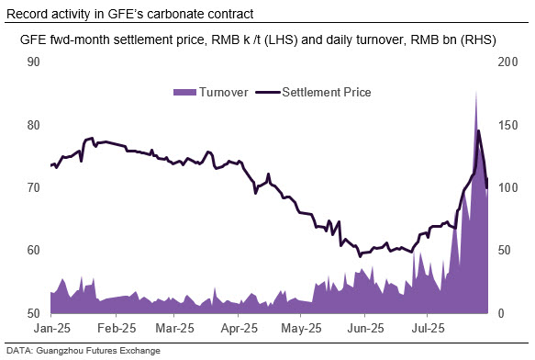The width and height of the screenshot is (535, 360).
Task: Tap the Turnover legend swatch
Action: click(184, 92)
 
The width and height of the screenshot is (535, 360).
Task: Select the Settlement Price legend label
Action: click(327, 92)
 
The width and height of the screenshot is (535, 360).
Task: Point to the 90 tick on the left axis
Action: click(33, 62)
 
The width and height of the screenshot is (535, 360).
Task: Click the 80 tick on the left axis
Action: click(33, 125)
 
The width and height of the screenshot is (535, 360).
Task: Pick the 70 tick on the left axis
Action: click(33, 187)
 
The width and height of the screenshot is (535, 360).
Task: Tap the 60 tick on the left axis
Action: click(33, 250)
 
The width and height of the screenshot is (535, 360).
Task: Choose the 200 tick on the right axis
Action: click(507, 62)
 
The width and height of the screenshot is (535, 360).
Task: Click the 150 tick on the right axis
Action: click(507, 125)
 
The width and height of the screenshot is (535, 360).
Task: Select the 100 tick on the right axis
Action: click(507, 187)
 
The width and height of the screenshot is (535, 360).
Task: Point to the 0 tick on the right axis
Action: click(501, 313)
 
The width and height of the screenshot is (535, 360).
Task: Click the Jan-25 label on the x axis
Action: click(52, 328)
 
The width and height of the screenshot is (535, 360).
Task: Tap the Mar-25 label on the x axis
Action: click(174, 328)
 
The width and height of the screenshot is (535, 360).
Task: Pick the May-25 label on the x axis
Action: click(301, 328)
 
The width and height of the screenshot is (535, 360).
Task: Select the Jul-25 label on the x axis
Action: click(428, 328)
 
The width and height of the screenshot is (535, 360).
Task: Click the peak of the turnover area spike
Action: click(476, 91)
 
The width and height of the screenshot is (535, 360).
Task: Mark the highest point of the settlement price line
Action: click(478, 130)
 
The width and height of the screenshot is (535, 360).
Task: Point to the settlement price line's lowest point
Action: click(360, 256)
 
